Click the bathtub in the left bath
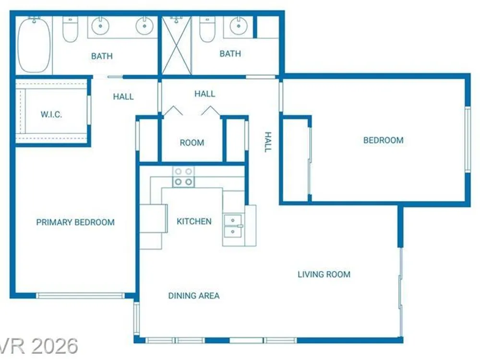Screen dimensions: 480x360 34,46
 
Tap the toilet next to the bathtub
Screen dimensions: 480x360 70,29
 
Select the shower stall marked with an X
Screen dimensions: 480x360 176,45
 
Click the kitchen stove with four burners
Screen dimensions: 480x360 183,177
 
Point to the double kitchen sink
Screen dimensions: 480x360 233,226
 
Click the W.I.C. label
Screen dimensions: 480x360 51,115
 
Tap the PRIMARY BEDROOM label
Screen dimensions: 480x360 75,222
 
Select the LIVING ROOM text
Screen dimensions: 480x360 324,274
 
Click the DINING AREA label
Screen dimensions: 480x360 194,296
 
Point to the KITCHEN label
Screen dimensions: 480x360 194,221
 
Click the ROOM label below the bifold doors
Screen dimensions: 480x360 192,143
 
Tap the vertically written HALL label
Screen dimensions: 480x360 268,142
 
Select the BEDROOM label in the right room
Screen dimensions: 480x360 383,140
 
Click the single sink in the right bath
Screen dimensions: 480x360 239,26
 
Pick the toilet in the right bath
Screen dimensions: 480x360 207,29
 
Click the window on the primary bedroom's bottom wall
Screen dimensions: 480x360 81,296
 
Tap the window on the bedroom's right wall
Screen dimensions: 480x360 468,140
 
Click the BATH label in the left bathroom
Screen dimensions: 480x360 102,56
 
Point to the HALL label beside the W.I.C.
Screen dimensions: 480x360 123,97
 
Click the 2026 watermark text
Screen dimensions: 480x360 54,346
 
